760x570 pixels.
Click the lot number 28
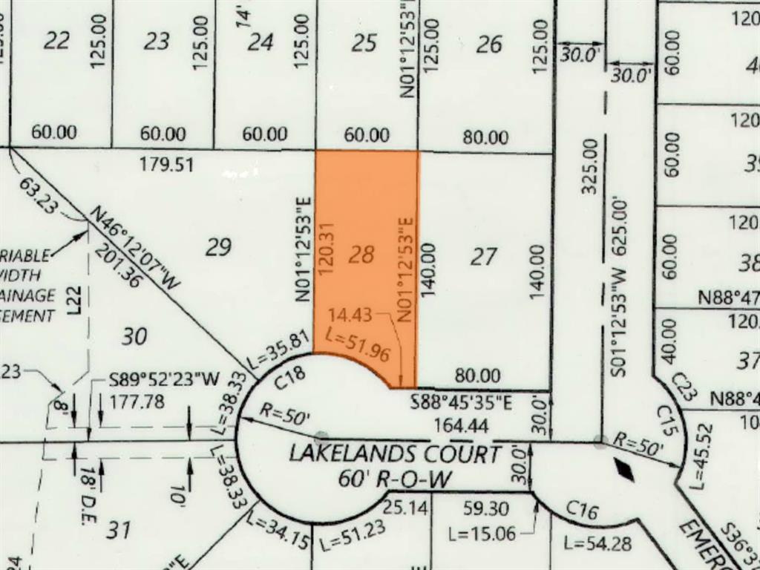point(361,256)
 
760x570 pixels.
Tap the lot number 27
point(483,258)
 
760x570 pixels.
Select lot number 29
point(218,247)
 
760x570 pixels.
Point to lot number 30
point(134,337)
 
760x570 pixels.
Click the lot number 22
point(56,42)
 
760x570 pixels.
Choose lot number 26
point(489,45)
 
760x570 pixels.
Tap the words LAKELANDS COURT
point(395,453)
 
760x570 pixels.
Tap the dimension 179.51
point(166,165)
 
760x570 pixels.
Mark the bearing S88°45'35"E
point(462,404)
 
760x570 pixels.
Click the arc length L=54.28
point(597,544)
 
